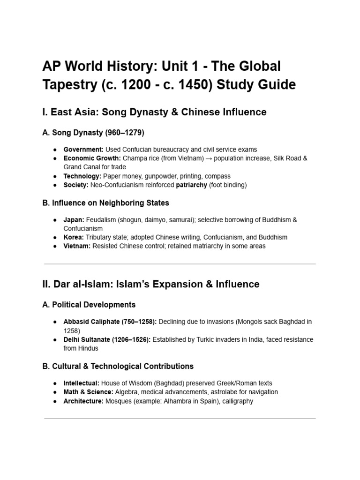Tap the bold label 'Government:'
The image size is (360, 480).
click(x=83, y=150)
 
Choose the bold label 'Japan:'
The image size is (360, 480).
click(x=74, y=220)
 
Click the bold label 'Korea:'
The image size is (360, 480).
click(x=74, y=237)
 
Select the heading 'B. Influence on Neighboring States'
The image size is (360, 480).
click(x=106, y=203)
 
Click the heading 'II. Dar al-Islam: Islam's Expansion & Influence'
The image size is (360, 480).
click(x=151, y=284)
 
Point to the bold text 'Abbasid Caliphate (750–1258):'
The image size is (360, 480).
click(x=111, y=322)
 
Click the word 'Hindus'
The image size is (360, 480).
click(x=91, y=348)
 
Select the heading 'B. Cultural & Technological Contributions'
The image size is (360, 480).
click(x=118, y=366)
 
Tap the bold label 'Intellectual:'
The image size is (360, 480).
click(x=82, y=383)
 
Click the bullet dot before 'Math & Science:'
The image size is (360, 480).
click(x=55, y=392)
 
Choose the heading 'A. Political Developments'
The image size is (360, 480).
click(x=89, y=305)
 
